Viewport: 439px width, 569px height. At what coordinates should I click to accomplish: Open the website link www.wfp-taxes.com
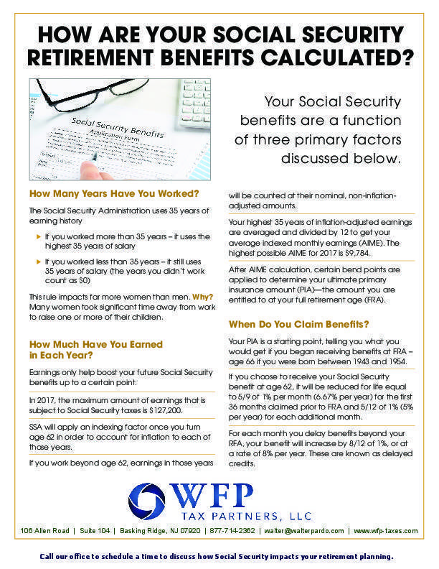pos(385,531)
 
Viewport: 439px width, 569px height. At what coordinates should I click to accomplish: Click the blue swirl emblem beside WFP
pos(146,498)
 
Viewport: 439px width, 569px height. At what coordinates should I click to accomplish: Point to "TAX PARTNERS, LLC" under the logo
pos(232,515)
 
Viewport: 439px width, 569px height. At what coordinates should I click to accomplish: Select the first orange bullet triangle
pos(39,236)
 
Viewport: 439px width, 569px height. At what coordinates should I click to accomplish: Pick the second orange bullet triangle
pos(39,262)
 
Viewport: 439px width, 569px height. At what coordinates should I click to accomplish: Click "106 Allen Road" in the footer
pos(46,531)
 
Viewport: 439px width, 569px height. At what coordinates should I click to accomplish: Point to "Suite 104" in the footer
pos(95,531)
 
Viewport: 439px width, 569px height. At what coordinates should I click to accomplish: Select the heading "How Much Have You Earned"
pos(95,344)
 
